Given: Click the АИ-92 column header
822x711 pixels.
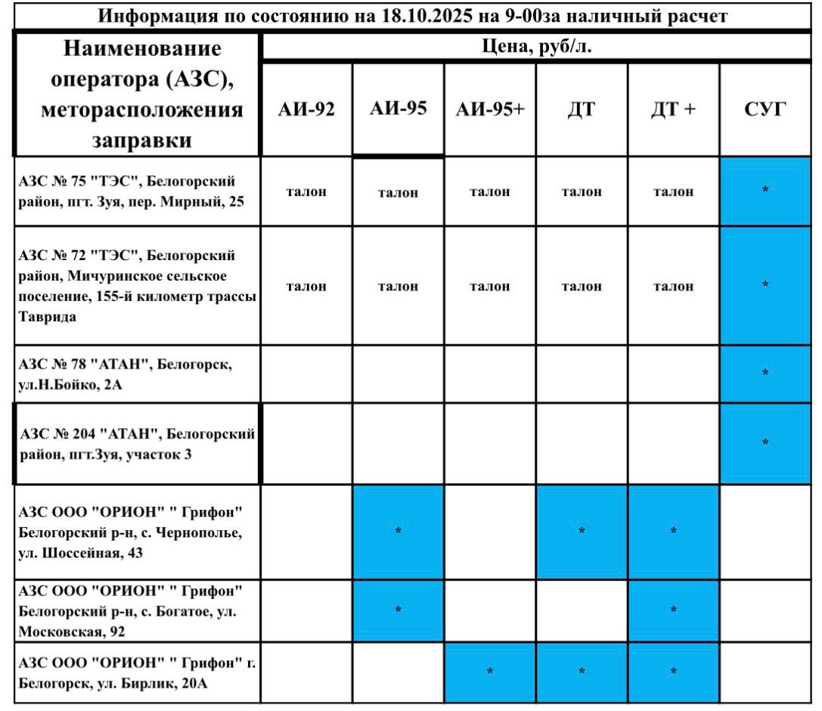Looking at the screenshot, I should (306, 110).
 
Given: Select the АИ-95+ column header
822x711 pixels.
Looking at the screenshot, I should (490, 110).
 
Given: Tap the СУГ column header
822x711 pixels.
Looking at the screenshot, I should (765, 110).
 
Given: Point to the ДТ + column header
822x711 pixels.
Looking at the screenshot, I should (673, 110).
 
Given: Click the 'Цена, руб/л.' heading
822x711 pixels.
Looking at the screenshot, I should (536, 48).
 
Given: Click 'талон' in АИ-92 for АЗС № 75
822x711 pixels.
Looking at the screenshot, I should (306, 192).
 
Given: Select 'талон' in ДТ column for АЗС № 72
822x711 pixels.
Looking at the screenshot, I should (582, 287).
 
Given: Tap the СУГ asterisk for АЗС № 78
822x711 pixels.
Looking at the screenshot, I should (765, 373).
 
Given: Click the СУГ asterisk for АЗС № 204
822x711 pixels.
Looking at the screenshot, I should (765, 442).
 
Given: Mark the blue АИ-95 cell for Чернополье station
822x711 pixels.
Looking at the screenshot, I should (399, 532).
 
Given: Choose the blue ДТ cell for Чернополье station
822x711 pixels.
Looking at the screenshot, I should (582, 532).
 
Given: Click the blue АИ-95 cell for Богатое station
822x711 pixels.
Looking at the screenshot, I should (399, 610).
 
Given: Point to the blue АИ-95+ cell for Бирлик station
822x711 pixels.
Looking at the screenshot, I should (490, 672).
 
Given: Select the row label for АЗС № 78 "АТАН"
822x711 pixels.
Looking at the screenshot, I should (126, 374).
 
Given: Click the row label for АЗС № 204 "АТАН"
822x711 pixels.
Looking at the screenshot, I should (136, 444).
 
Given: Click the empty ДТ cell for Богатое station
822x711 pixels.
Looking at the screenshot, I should (582, 610).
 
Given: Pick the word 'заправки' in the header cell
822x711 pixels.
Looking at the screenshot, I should (141, 140).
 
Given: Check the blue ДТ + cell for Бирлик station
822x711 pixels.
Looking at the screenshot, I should (673, 672).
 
